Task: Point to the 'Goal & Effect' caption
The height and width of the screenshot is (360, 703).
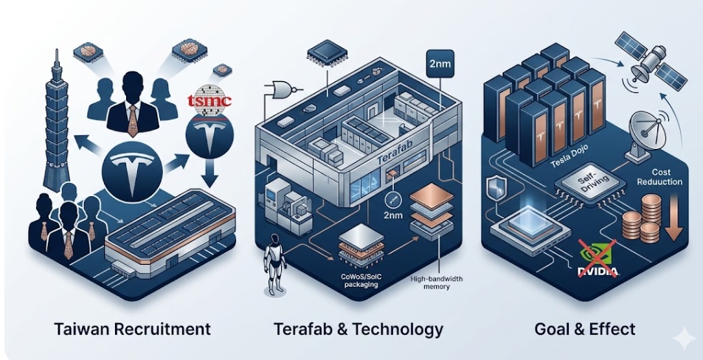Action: pos(584,328)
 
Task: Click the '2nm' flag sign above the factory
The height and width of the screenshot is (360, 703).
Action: pos(440,63)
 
